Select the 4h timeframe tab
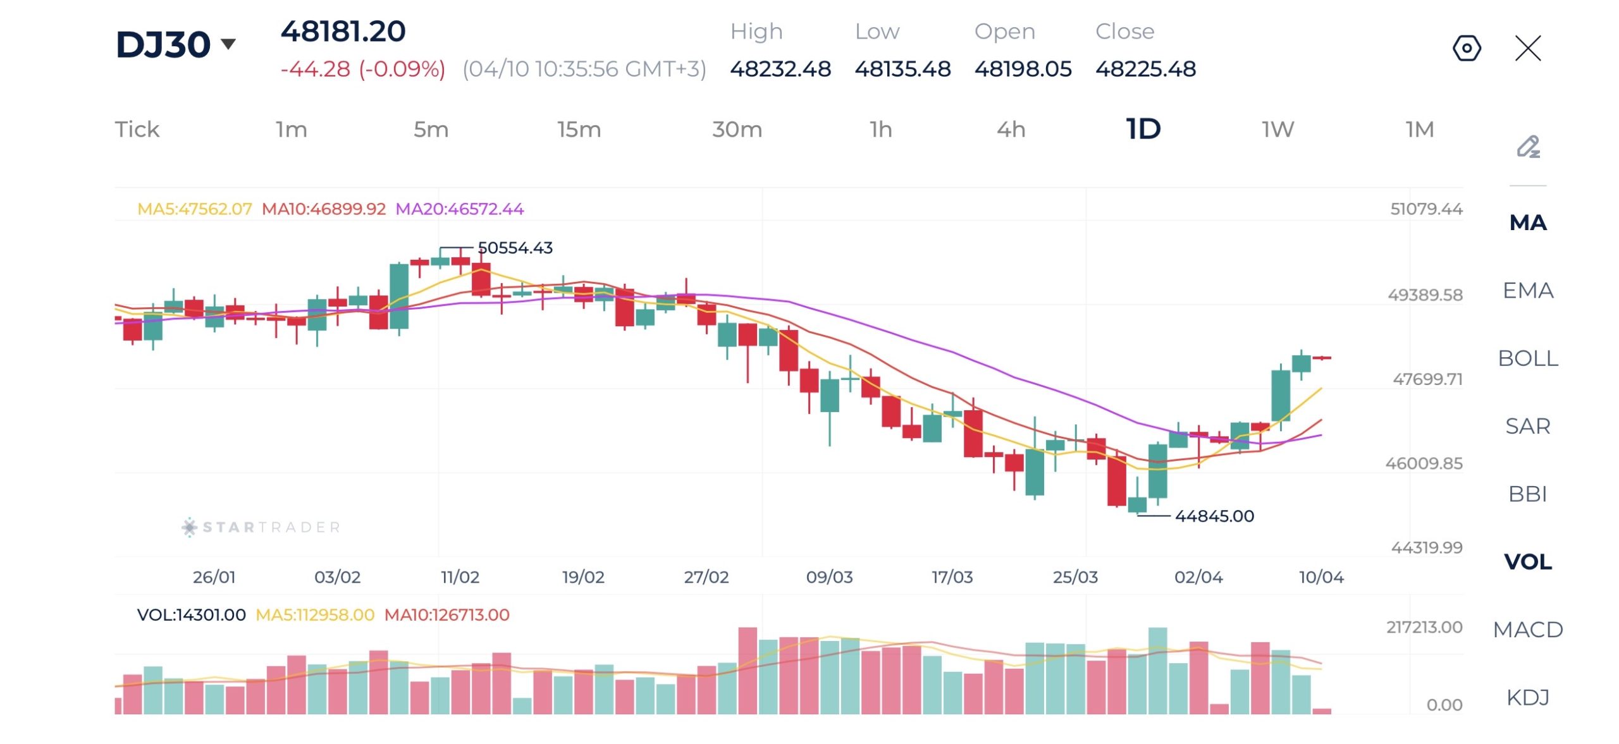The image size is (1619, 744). [x=1011, y=130]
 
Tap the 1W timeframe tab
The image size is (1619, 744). [x=1277, y=130]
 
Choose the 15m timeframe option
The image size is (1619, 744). [x=579, y=130]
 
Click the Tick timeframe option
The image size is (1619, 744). [x=137, y=130]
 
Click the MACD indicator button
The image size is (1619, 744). [x=1528, y=630]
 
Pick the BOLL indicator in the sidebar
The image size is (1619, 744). [x=1528, y=358]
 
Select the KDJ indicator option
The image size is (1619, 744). [x=1528, y=697]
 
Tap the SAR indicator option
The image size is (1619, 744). [x=1528, y=426]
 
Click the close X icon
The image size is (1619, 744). [x=1528, y=48]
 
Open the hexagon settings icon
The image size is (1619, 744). [x=1467, y=48]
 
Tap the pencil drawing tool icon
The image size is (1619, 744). [x=1528, y=147]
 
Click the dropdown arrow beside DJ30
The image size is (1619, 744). [x=228, y=44]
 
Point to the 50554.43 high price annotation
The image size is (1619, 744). [x=515, y=248]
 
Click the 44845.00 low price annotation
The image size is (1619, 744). [x=1214, y=516]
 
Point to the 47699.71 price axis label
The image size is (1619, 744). [x=1427, y=379]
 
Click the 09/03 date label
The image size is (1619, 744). [x=829, y=577]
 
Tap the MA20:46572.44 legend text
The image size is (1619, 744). [x=460, y=209]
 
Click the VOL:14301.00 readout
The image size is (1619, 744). [x=191, y=615]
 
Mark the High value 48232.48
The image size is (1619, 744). [x=780, y=69]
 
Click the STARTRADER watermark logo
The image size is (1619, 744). [x=261, y=527]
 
